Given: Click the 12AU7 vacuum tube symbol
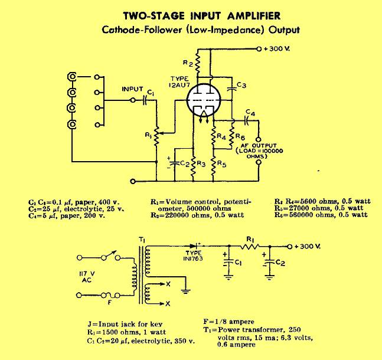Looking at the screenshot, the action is click(x=204, y=100).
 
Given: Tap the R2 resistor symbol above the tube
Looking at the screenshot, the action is click(x=198, y=63).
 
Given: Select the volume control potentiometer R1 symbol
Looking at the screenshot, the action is click(x=156, y=136).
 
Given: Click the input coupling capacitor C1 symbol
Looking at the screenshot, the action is click(x=145, y=100).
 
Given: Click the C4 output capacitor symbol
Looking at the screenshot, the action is click(x=246, y=120).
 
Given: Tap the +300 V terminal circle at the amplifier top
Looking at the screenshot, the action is click(x=259, y=49).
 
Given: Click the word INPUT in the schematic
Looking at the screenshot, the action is click(x=132, y=89).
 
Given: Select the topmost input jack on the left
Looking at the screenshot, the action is click(x=72, y=77).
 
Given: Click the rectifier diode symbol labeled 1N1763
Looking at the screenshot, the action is click(x=194, y=246).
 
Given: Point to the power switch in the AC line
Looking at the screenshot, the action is click(x=111, y=256).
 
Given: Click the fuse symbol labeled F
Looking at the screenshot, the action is click(x=110, y=296).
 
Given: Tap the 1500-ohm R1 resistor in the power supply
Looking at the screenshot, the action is click(x=250, y=247).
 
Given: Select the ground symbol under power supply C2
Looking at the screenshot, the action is click(x=269, y=277).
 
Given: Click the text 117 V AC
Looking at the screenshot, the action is click(x=86, y=277).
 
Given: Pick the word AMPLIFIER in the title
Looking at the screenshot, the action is click(x=254, y=16).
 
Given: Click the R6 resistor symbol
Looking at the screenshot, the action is click(x=232, y=135).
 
